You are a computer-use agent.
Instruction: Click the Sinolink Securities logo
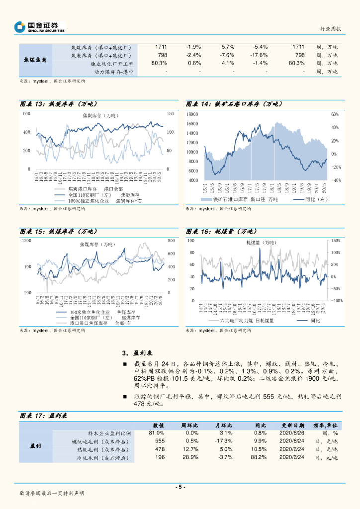[x=40, y=27]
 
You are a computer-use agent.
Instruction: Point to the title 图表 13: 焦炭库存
[x=58, y=104]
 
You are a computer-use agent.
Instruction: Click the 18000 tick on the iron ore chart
[x=192, y=114]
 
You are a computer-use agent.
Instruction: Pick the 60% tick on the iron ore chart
[x=335, y=114]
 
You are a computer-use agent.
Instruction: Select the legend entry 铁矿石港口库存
[x=234, y=199]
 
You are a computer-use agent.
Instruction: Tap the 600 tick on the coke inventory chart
[x=26, y=114]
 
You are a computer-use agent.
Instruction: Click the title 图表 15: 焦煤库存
[x=58, y=232]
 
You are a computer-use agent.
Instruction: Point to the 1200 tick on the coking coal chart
[x=26, y=241]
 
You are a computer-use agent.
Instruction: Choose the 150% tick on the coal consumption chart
[x=336, y=241]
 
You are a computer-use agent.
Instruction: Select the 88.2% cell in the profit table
[x=260, y=457]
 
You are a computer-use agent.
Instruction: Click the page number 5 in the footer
[x=180, y=487]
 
